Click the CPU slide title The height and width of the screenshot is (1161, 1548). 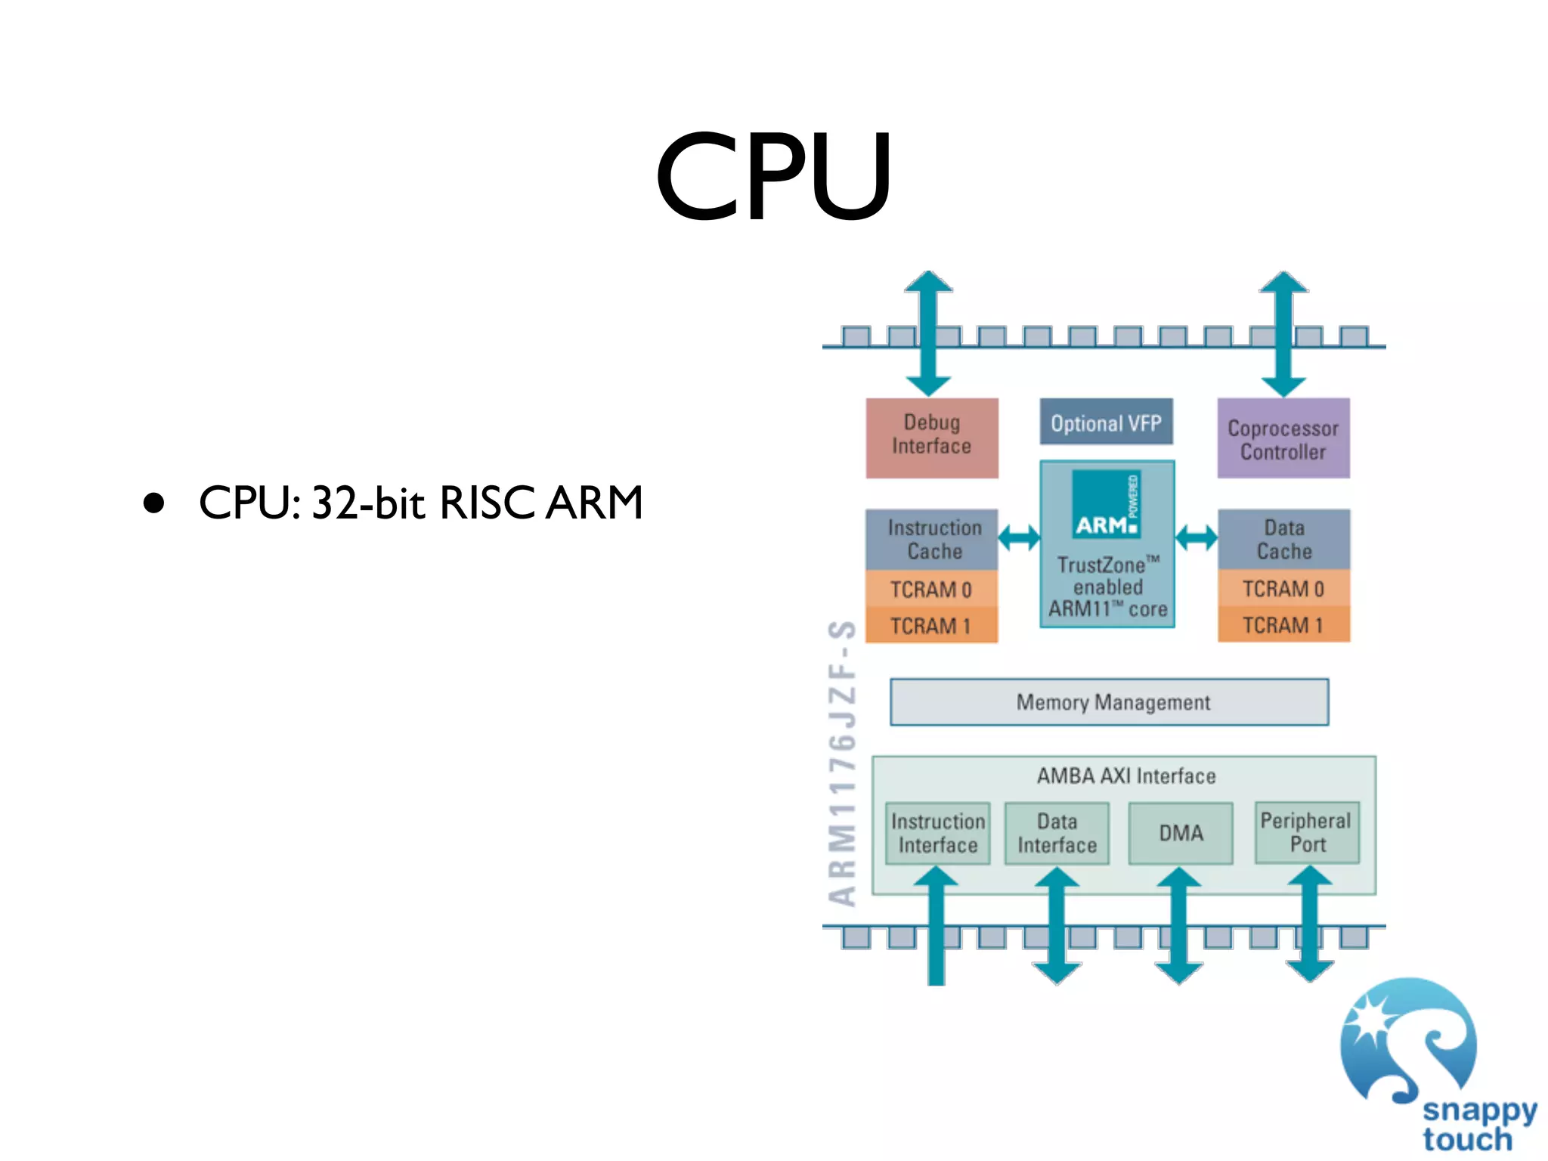[x=773, y=176]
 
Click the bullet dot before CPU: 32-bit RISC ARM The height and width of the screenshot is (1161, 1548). [x=153, y=503]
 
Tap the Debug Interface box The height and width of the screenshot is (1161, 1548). [x=932, y=438]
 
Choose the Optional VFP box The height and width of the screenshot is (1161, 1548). [x=1107, y=422]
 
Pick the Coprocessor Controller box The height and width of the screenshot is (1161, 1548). [x=1283, y=438]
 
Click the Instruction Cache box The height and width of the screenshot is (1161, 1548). [x=932, y=539]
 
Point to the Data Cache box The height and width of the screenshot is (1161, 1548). [x=1283, y=539]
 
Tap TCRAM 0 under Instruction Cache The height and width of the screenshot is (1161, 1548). [x=932, y=589]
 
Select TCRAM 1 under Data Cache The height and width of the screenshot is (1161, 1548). [x=1283, y=625]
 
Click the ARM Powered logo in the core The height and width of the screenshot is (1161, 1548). [x=1107, y=504]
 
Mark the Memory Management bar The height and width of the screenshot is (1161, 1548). [x=1109, y=702]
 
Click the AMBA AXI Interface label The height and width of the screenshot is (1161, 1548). [x=1126, y=776]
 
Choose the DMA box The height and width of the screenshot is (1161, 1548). [x=1181, y=833]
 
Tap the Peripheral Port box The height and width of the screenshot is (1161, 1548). [x=1307, y=833]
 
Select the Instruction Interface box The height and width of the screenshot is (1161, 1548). [x=937, y=833]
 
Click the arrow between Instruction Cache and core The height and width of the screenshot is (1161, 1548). [x=1019, y=538]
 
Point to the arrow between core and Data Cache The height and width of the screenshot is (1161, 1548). [x=1196, y=538]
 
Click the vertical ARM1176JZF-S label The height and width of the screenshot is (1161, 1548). [x=842, y=763]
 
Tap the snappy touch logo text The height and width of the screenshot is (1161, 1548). [x=1479, y=1125]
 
